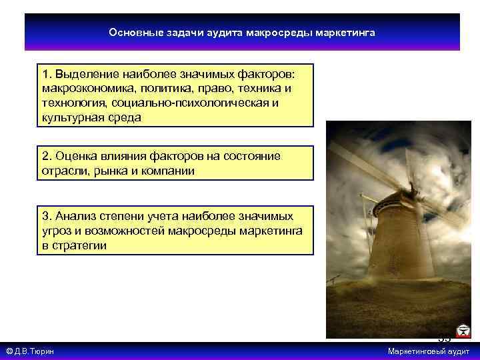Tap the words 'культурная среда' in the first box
click(91, 117)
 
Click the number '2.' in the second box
click(47, 156)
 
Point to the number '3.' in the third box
click(47, 217)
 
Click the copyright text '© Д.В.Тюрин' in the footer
click(30, 351)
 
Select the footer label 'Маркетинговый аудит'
click(429, 351)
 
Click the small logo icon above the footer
click(462, 331)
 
